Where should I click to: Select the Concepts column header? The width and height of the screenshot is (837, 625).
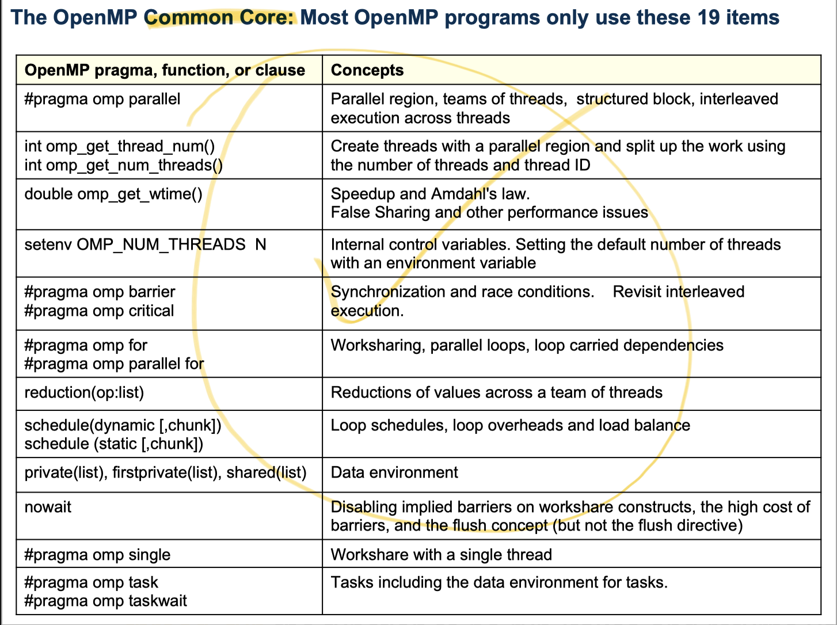point(367,70)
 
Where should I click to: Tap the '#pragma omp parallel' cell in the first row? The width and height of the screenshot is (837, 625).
point(102,99)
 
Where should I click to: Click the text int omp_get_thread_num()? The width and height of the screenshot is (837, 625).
point(120,146)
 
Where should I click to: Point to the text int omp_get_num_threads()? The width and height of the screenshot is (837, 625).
point(123,165)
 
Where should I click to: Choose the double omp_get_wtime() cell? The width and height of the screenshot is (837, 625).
point(113,194)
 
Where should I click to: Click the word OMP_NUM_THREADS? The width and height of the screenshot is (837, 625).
point(161,245)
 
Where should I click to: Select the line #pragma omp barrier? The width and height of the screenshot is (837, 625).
point(100,292)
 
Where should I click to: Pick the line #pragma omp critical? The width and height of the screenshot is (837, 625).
point(99,311)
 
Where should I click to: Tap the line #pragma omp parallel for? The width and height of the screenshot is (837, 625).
point(114,364)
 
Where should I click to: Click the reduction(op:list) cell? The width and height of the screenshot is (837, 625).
point(84,392)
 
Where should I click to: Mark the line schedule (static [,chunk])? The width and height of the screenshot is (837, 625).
point(114,444)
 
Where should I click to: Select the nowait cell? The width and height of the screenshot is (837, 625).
point(48,507)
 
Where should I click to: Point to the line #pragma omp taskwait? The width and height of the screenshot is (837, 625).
point(106,601)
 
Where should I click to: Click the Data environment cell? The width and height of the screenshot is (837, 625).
point(394,472)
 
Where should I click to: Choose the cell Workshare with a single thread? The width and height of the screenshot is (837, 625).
point(441,555)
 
